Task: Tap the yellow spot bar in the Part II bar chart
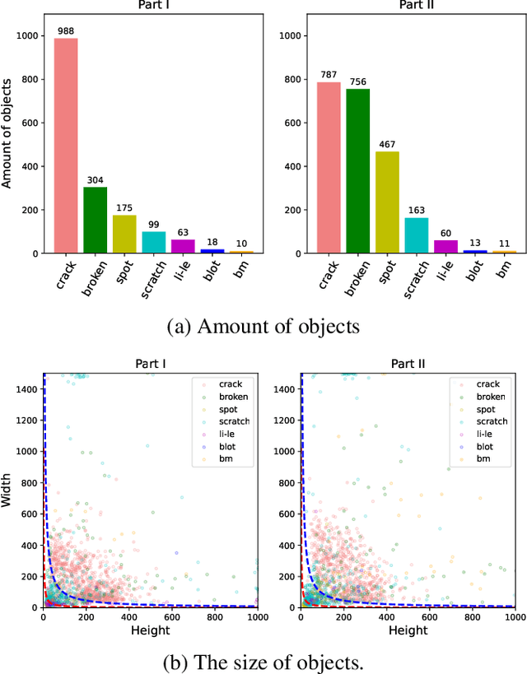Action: click(387, 202)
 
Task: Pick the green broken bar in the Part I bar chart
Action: click(95, 220)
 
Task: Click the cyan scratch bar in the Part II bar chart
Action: click(417, 235)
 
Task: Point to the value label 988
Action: click(66, 31)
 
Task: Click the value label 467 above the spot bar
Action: click(387, 145)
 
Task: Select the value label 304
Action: click(95, 180)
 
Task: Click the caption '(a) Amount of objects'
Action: click(263, 327)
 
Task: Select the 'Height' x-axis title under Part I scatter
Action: click(150, 630)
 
